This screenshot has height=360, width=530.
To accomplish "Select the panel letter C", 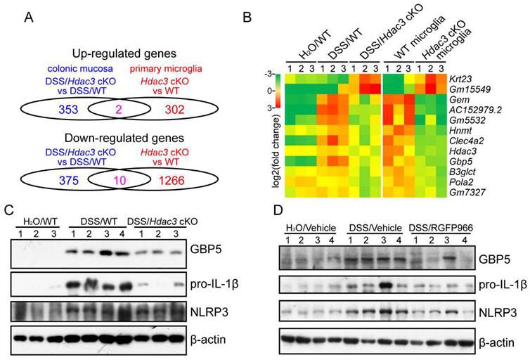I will pyautogui.click(x=8, y=210).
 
